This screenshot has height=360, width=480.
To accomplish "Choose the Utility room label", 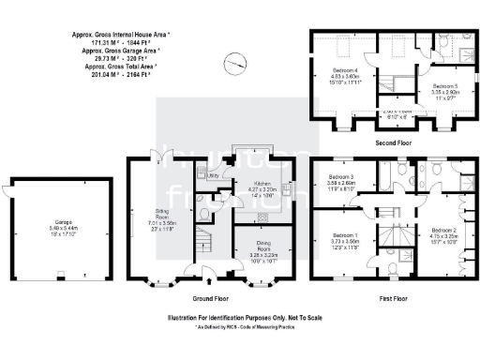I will [213, 175].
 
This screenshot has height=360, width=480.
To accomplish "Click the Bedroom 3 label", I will [339, 178].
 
